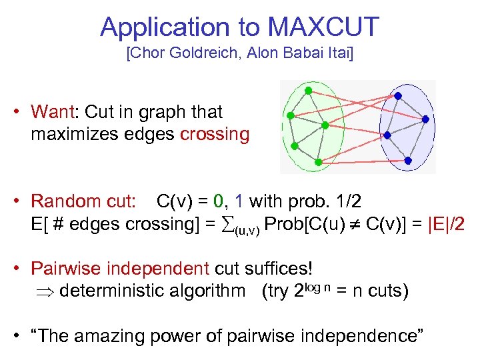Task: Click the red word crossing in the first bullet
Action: tap(215, 134)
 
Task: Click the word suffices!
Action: tap(275, 269)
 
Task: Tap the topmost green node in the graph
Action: tap(308, 90)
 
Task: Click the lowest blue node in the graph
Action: tap(408, 160)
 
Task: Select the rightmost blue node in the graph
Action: tap(425, 119)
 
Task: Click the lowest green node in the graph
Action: tap(318, 162)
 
